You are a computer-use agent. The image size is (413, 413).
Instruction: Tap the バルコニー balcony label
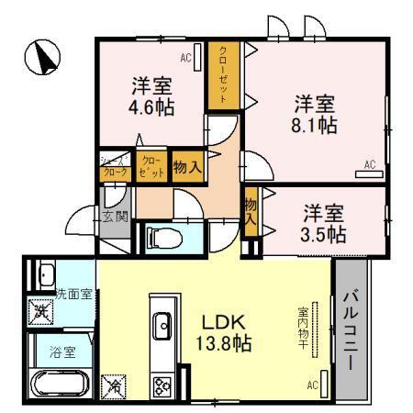point(352,329)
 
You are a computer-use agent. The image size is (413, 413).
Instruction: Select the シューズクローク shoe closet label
point(115,167)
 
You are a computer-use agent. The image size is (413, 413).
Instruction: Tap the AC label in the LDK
point(313,386)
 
